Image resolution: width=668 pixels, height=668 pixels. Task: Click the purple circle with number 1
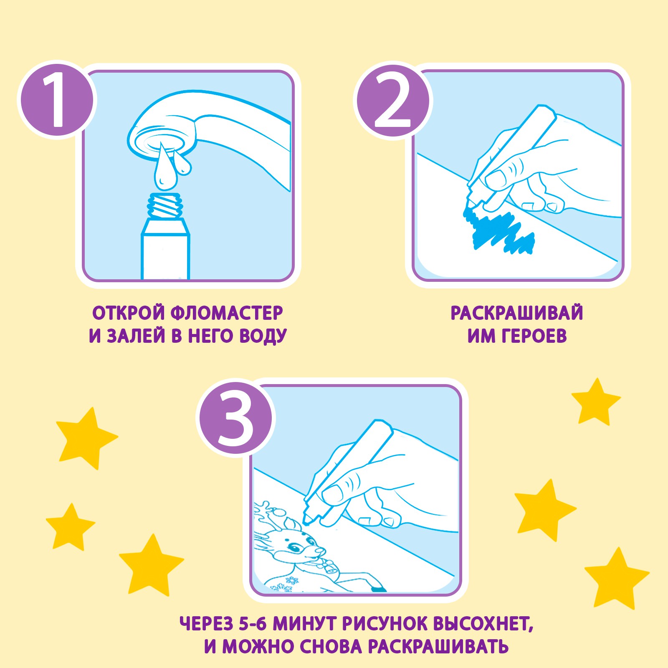coord(57,100)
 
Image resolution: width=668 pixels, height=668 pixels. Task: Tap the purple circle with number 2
coord(393,100)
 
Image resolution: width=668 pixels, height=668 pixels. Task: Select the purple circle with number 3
coord(235,418)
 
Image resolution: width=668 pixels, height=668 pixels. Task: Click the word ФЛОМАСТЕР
coord(227,313)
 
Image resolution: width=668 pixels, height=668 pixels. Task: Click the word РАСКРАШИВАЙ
coord(517,313)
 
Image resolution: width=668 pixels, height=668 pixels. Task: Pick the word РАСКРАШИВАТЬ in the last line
coord(438,647)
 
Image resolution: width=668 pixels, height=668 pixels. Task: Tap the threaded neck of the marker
coord(165,205)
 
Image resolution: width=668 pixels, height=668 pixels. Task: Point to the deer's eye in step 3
coord(296,548)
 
